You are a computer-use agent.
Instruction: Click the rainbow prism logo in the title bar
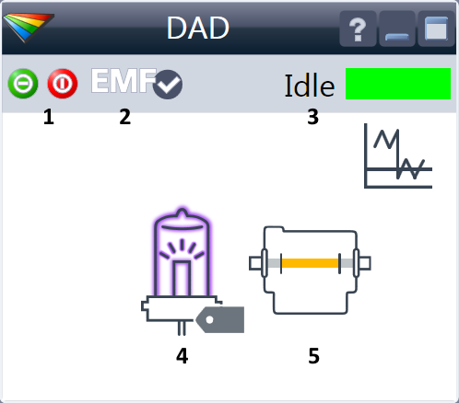pyautogui.click(x=29, y=27)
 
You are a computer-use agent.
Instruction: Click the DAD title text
pyautogui.click(x=198, y=28)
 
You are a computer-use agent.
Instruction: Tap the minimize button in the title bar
pyautogui.click(x=397, y=29)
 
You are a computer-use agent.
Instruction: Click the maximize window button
pyautogui.click(x=436, y=29)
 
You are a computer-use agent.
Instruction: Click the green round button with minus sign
pyautogui.click(x=23, y=84)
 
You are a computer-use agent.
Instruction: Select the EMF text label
pyautogui.click(x=124, y=81)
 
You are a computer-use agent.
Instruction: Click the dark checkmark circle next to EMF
pyautogui.click(x=168, y=85)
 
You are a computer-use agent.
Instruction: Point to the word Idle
pyautogui.click(x=310, y=86)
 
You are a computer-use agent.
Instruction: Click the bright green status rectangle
pyautogui.click(x=398, y=84)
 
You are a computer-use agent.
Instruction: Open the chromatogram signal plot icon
pyautogui.click(x=398, y=155)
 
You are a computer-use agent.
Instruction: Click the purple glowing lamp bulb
pyautogui.click(x=182, y=252)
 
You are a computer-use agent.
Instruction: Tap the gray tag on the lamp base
pyautogui.click(x=220, y=319)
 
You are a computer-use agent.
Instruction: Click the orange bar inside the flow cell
pyautogui.click(x=311, y=263)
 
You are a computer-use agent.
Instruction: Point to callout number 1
pyautogui.click(x=49, y=117)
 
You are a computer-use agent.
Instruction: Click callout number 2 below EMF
pyautogui.click(x=124, y=117)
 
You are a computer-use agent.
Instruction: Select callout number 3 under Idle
pyautogui.click(x=312, y=117)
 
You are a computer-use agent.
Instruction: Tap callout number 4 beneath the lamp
pyautogui.click(x=182, y=356)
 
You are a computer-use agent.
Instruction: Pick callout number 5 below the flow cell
pyautogui.click(x=313, y=356)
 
